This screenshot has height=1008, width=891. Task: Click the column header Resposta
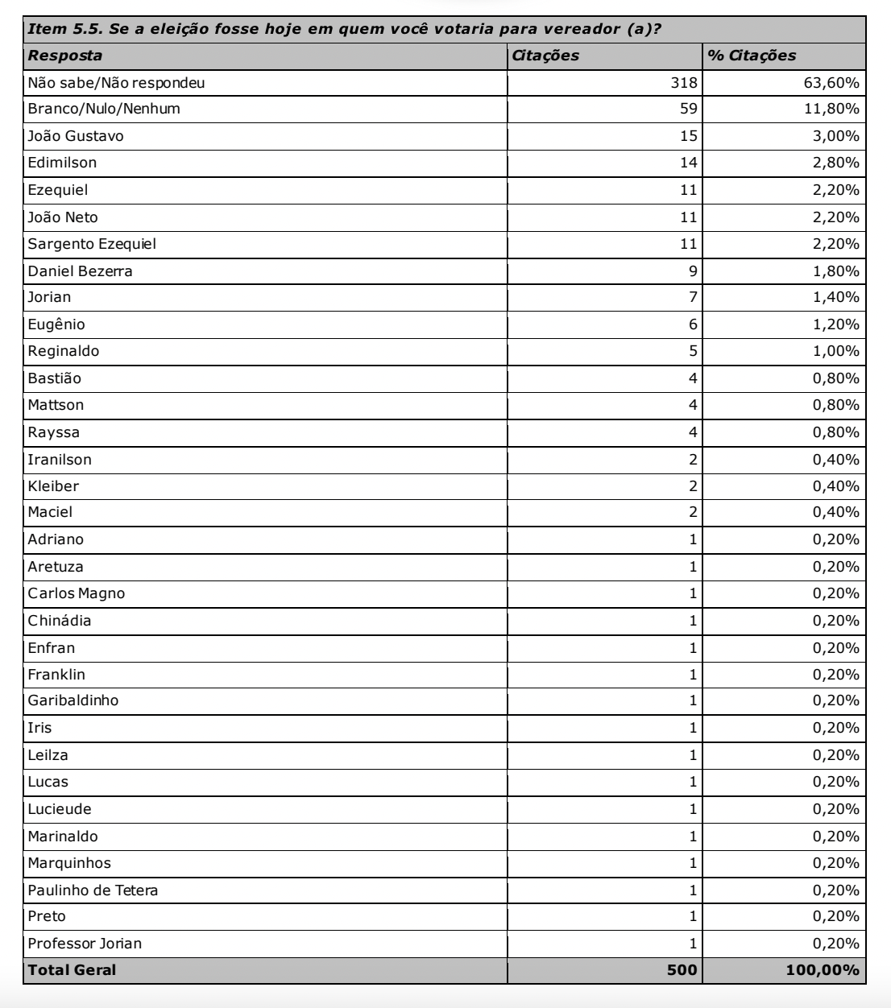(65, 56)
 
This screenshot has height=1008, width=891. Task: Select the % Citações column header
(751, 56)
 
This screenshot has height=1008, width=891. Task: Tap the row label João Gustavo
(76, 136)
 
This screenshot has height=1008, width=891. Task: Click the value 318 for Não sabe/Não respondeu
(685, 82)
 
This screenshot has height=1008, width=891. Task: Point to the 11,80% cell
(831, 109)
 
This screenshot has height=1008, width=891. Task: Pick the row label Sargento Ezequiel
(92, 244)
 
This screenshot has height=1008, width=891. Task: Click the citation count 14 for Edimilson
(689, 163)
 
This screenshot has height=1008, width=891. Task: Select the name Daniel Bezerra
(80, 271)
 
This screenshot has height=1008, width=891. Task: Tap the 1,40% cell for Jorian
(835, 298)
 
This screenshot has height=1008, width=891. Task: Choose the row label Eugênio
(56, 324)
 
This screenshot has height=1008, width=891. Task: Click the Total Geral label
(72, 970)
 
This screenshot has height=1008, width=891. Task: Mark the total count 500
(682, 970)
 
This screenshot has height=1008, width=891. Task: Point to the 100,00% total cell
(822, 970)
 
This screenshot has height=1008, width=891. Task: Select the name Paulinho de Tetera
(93, 890)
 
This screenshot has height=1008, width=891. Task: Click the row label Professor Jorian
(85, 944)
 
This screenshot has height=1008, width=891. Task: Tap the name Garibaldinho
(73, 700)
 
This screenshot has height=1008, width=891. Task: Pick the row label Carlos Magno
(77, 593)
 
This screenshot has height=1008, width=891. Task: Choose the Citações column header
(545, 56)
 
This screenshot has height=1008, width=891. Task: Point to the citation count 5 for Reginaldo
(693, 351)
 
